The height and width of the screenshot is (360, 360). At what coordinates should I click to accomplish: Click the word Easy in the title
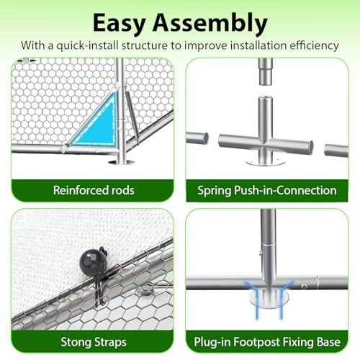pyautogui.click(x=119, y=24)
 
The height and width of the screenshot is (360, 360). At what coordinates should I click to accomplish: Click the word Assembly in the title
pyautogui.click(x=210, y=23)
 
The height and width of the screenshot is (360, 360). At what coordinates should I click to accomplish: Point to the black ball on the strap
pyautogui.click(x=91, y=261)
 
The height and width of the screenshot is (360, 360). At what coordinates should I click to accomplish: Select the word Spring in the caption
pyautogui.click(x=215, y=191)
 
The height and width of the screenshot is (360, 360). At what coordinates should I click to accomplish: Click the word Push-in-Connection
pyautogui.click(x=285, y=191)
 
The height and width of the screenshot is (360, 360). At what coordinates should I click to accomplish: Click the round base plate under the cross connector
pyautogui.click(x=266, y=163)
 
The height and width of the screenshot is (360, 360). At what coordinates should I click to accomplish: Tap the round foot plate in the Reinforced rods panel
pyautogui.click(x=122, y=163)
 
